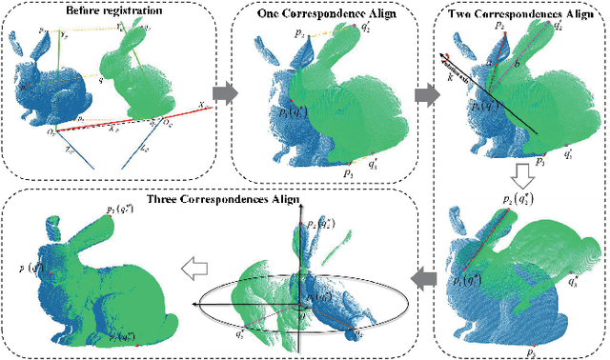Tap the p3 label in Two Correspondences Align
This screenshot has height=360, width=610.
click(540, 163)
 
